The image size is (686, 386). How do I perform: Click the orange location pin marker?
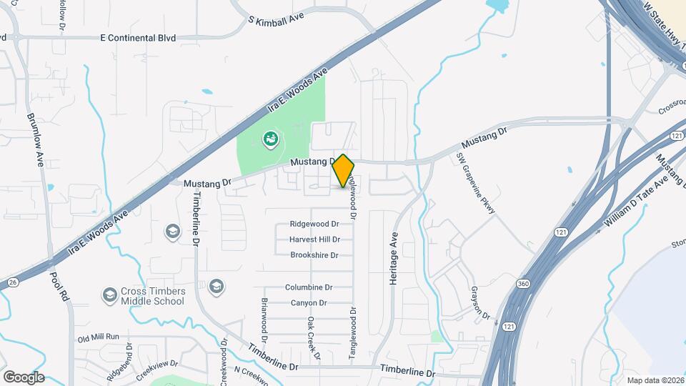coord(343,170)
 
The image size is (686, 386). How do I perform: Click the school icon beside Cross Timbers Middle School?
coord(109,294)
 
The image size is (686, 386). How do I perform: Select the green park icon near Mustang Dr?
coord(271,139)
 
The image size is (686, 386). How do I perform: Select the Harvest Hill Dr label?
coord(314,239)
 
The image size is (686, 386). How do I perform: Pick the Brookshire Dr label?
coord(314,255)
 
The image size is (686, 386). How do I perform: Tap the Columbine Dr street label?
coord(309,287)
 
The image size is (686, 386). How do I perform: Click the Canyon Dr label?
coord(309,303)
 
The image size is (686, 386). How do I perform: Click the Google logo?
coord(24,377)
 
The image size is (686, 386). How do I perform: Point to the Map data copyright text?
coord(655,380)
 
